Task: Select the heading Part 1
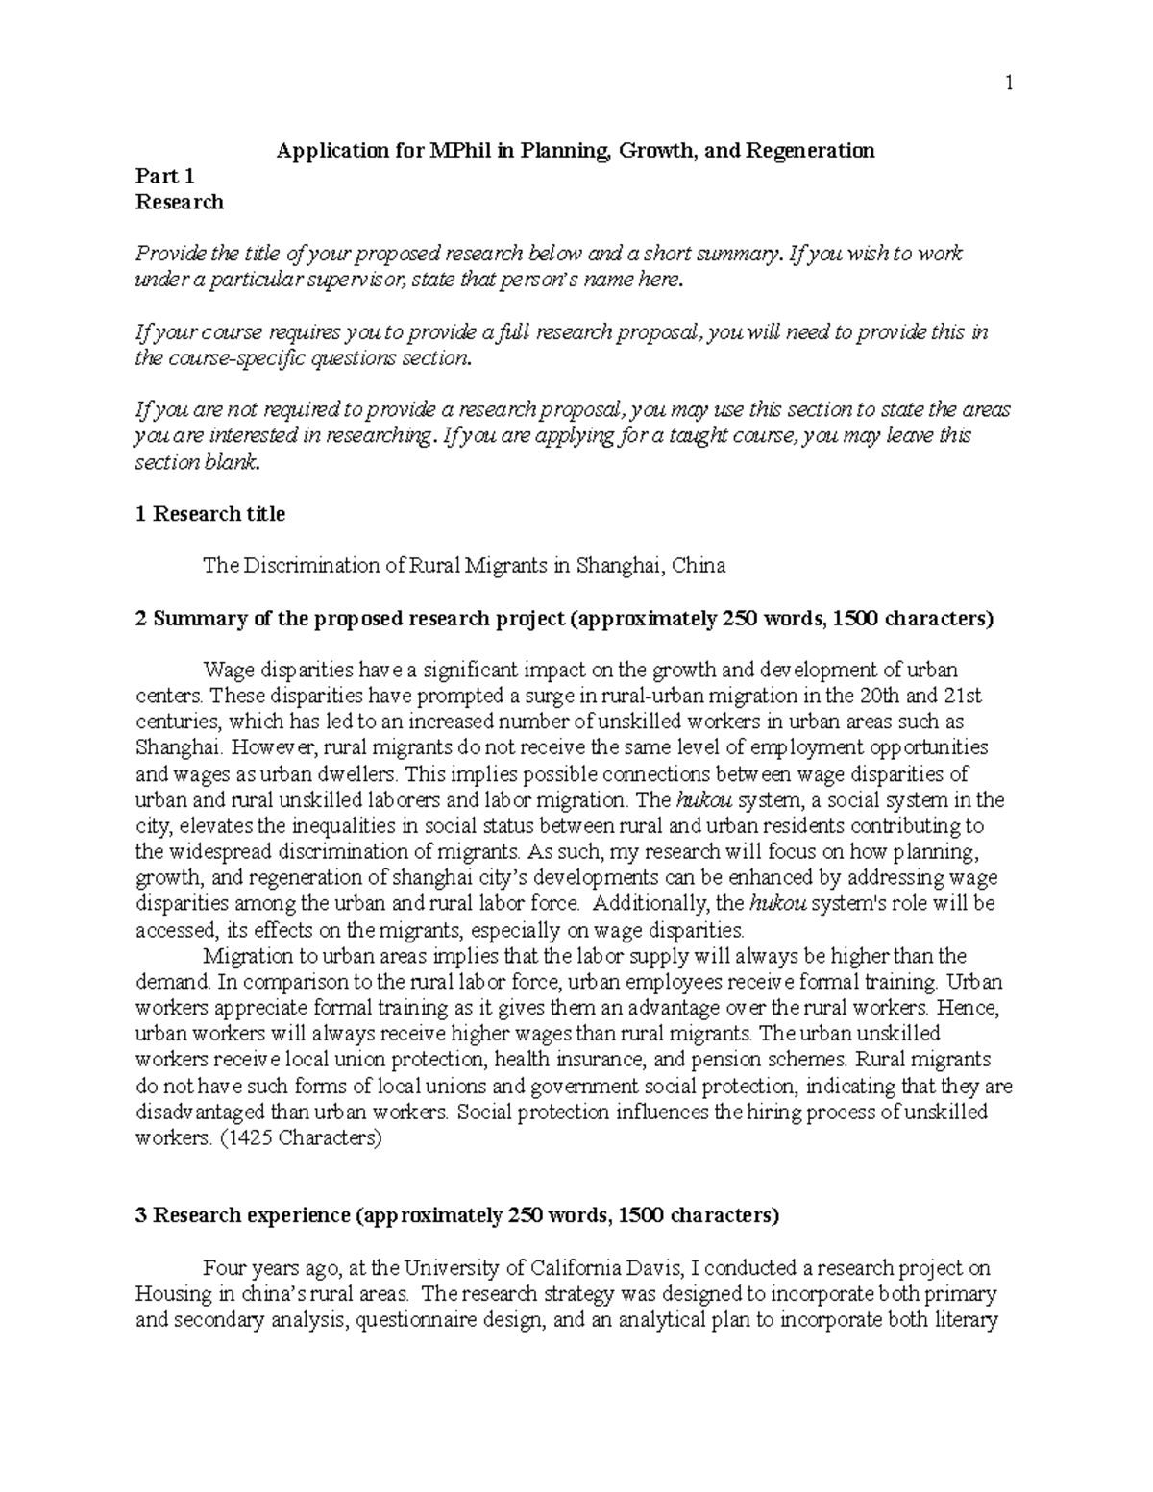pyautogui.click(x=165, y=176)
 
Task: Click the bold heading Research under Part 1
pyautogui.click(x=180, y=202)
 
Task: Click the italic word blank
pyautogui.click(x=237, y=461)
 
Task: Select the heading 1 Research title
pyautogui.click(x=210, y=514)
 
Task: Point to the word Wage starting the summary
pyautogui.click(x=224, y=670)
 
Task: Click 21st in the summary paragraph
pyautogui.click(x=963, y=696)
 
